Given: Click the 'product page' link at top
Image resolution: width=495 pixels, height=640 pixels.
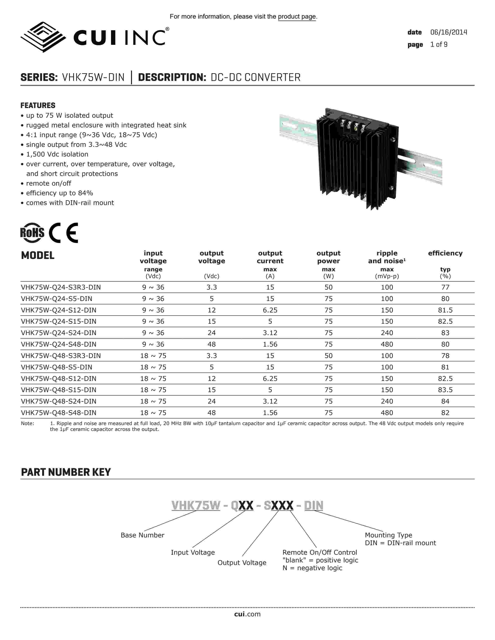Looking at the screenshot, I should coord(297,17).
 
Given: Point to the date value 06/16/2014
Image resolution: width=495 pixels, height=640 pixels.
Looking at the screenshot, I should coord(448,32).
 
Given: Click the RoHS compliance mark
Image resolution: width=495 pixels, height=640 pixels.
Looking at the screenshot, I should coord(32,233).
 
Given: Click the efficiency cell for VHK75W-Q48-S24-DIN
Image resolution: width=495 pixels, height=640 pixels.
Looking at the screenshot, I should coord(445,401).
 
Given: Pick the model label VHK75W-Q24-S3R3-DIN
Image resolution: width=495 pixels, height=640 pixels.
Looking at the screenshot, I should coord(61,287).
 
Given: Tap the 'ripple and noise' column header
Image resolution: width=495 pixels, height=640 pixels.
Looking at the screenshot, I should coord(387,257).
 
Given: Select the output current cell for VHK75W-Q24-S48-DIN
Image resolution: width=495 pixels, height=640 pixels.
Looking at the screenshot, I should coord(270,344).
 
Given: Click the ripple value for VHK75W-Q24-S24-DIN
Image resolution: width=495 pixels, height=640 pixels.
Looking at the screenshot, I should coord(387,333).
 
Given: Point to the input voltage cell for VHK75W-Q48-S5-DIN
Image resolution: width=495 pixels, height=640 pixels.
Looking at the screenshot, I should coord(153,367).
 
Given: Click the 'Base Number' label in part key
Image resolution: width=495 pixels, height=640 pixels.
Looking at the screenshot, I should coord(142,535).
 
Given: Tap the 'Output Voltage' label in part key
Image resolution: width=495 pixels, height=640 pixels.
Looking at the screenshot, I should coord(242,563).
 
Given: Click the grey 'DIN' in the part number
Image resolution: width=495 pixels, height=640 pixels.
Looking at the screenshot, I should coord(313,505).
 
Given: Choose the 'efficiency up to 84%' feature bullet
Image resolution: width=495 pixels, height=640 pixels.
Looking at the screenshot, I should coord(60,193).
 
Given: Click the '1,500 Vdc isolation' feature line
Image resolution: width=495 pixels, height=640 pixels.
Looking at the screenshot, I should coord(57,154).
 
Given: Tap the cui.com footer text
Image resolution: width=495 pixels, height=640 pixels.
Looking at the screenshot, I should coord(247,614).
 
